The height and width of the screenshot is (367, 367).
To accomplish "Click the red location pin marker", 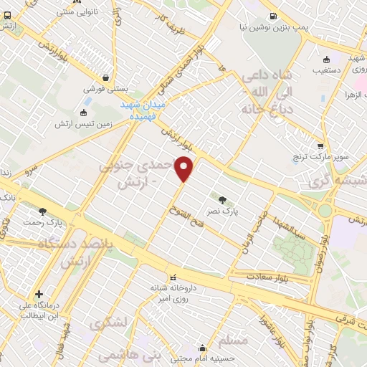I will (x=185, y=168).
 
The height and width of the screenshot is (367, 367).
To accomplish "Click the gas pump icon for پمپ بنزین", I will (x=273, y=16).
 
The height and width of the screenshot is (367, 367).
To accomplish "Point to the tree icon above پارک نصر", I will (x=222, y=199).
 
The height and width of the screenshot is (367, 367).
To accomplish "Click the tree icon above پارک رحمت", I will (x=43, y=211).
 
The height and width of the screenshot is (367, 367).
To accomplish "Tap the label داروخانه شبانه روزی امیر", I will (x=172, y=292).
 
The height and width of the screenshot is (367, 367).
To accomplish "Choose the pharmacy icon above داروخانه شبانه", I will (x=172, y=276).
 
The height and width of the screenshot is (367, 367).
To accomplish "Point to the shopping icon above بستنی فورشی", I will (x=106, y=78).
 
